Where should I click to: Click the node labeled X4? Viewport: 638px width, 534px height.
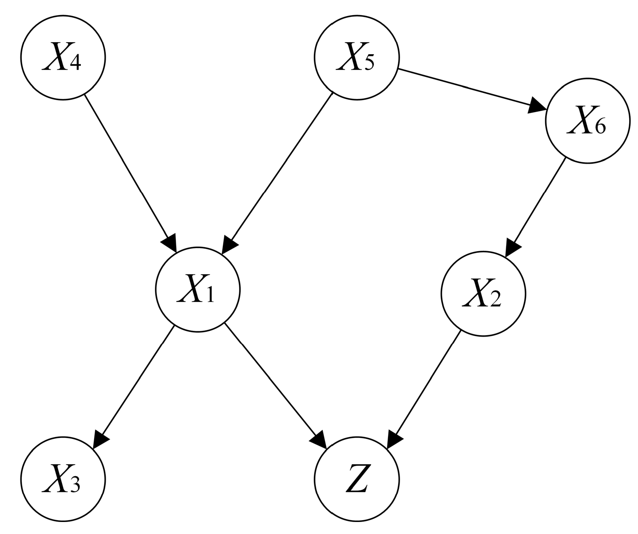click(63, 57)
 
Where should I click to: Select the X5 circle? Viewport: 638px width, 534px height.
click(357, 57)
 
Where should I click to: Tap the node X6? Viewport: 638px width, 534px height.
click(587, 121)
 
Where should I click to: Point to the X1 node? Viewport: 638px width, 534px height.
click(198, 289)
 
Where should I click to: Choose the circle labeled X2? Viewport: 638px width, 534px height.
click(483, 293)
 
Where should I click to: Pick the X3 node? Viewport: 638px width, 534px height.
click(63, 479)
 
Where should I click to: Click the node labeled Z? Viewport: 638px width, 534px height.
click(357, 479)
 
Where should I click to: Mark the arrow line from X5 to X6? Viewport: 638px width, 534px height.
click(466, 88)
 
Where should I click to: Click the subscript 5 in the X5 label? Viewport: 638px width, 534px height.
click(369, 64)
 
